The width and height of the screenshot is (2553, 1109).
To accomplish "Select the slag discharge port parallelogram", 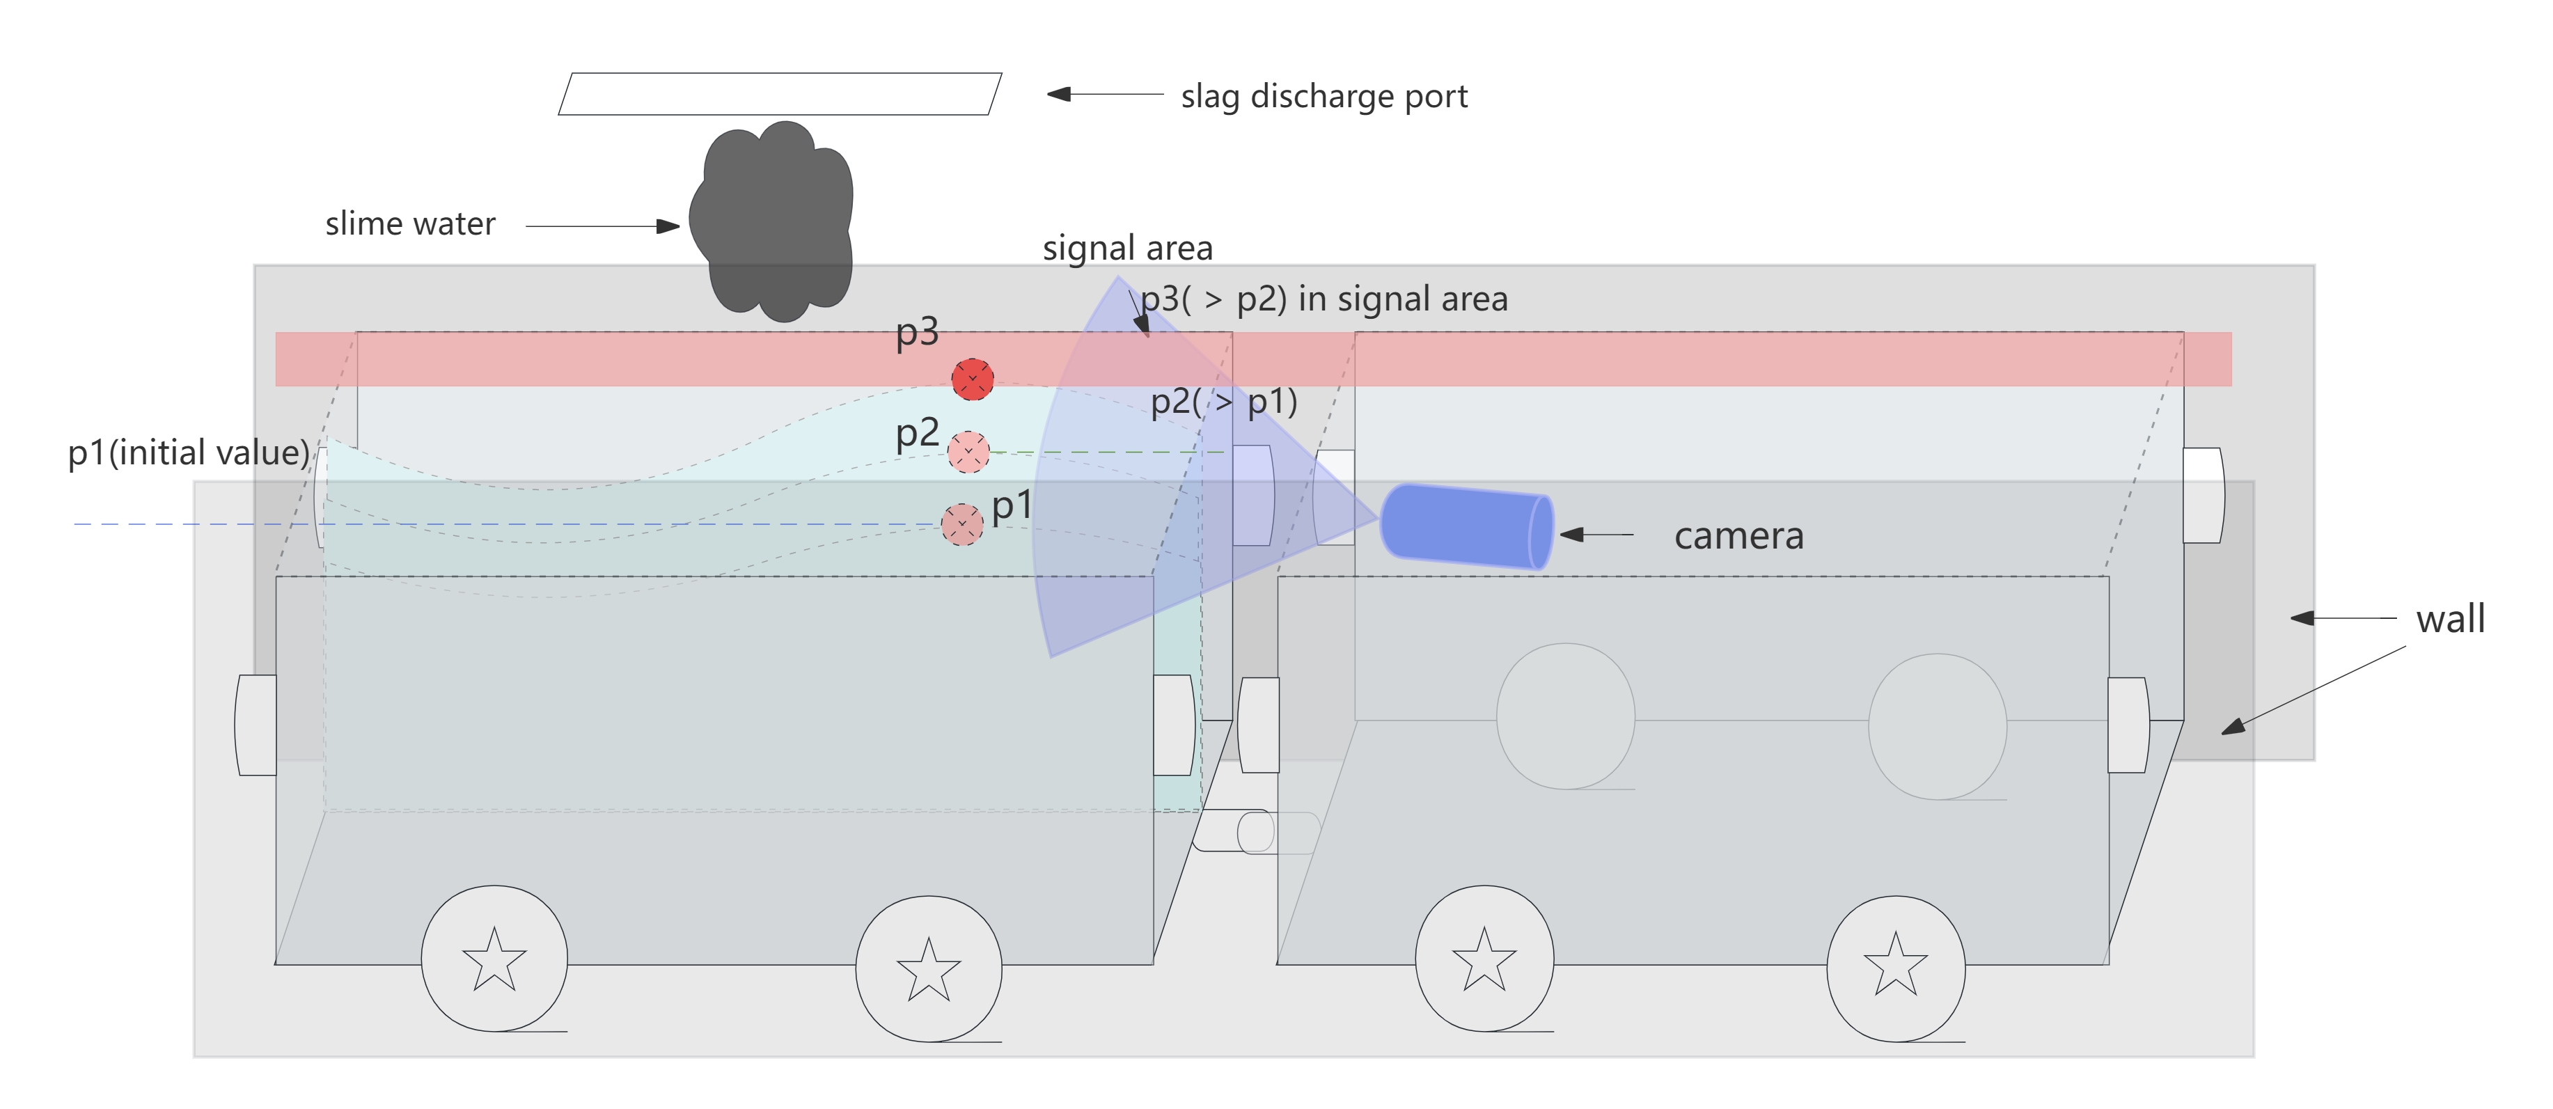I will coord(780,94).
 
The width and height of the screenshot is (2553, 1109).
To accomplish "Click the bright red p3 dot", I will coord(972,379).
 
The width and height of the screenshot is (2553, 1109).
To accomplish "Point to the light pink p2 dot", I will coord(968,452).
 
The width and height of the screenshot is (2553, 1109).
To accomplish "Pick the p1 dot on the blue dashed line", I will coord(961,524).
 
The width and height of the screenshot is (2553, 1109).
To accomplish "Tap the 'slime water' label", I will coord(409,224).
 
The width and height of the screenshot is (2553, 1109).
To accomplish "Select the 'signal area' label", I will coord(1127,248).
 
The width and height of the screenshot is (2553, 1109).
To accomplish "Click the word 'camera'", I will coord(1738,536).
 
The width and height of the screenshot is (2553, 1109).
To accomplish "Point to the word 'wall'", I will coord(2450,620).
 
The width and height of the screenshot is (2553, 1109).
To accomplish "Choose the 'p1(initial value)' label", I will coord(188,453).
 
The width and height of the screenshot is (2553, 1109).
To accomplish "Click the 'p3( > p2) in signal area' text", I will coord(1324,299).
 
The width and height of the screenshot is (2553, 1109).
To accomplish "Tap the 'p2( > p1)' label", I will coord(1224,402).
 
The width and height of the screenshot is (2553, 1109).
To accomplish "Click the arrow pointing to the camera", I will coord(1596,534).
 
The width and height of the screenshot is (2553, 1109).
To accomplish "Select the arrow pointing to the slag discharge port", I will coord(1104,94).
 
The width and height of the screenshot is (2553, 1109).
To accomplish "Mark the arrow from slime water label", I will coord(602,226).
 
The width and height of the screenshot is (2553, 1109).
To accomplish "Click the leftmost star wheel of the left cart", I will coord(494,959).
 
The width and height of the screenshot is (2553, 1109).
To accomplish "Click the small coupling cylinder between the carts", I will coord(1255,831).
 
